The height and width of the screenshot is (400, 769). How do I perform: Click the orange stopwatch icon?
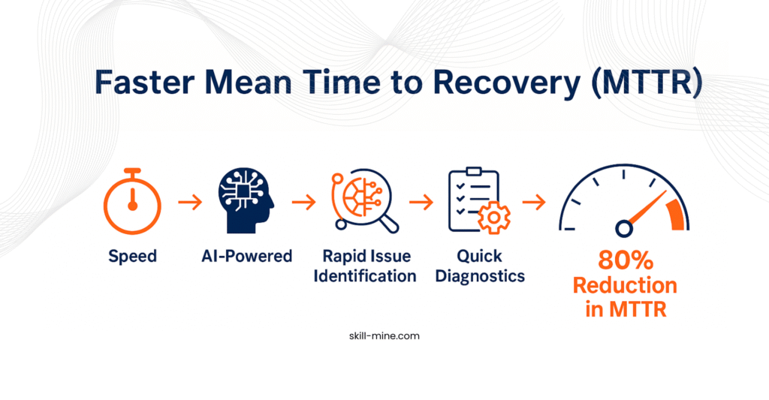tap(132, 201)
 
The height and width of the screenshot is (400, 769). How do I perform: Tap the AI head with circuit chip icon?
tap(246, 200)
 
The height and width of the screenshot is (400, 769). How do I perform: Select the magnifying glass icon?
tap(366, 200)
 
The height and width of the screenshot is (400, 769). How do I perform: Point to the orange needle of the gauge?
tap(647, 208)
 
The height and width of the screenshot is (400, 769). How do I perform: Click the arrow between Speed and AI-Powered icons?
tap(190, 202)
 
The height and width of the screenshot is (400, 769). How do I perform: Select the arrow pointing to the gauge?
tap(534, 202)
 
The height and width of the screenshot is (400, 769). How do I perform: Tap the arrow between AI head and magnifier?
tap(304, 202)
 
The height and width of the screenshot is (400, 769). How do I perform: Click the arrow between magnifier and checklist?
tap(421, 202)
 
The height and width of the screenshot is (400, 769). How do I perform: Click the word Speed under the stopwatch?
tap(132, 257)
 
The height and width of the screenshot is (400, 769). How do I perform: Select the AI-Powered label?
tap(246, 256)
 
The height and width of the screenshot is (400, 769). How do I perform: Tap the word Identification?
tap(365, 276)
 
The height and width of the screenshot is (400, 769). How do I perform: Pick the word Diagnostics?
tap(480, 276)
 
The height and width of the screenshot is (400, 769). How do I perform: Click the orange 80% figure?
tap(626, 260)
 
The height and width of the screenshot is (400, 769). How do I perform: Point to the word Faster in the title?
tap(145, 82)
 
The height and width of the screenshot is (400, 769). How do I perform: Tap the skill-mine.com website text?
tap(384, 336)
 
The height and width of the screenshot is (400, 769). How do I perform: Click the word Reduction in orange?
tap(625, 285)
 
